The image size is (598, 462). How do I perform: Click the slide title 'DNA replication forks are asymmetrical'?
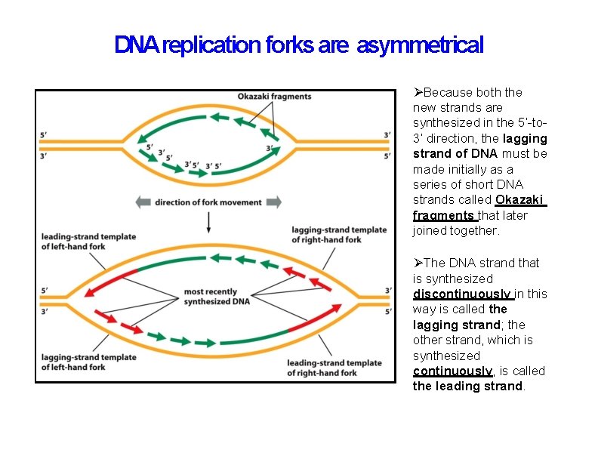click(298, 45)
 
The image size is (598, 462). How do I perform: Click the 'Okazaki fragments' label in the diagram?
click(274, 97)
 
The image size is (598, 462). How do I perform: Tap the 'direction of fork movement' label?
click(208, 202)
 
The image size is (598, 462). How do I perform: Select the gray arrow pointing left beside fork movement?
click(143, 202)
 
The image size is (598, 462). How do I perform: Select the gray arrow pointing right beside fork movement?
click(273, 202)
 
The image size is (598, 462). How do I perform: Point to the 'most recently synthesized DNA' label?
click(210, 297)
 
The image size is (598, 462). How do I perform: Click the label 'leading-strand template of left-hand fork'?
click(88, 242)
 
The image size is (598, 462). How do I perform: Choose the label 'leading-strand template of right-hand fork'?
click(334, 368)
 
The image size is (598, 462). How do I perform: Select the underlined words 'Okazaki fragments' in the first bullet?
click(479, 208)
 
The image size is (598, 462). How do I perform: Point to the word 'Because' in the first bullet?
click(446, 92)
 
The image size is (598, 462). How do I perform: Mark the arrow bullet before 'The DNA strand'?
click(418, 263)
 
